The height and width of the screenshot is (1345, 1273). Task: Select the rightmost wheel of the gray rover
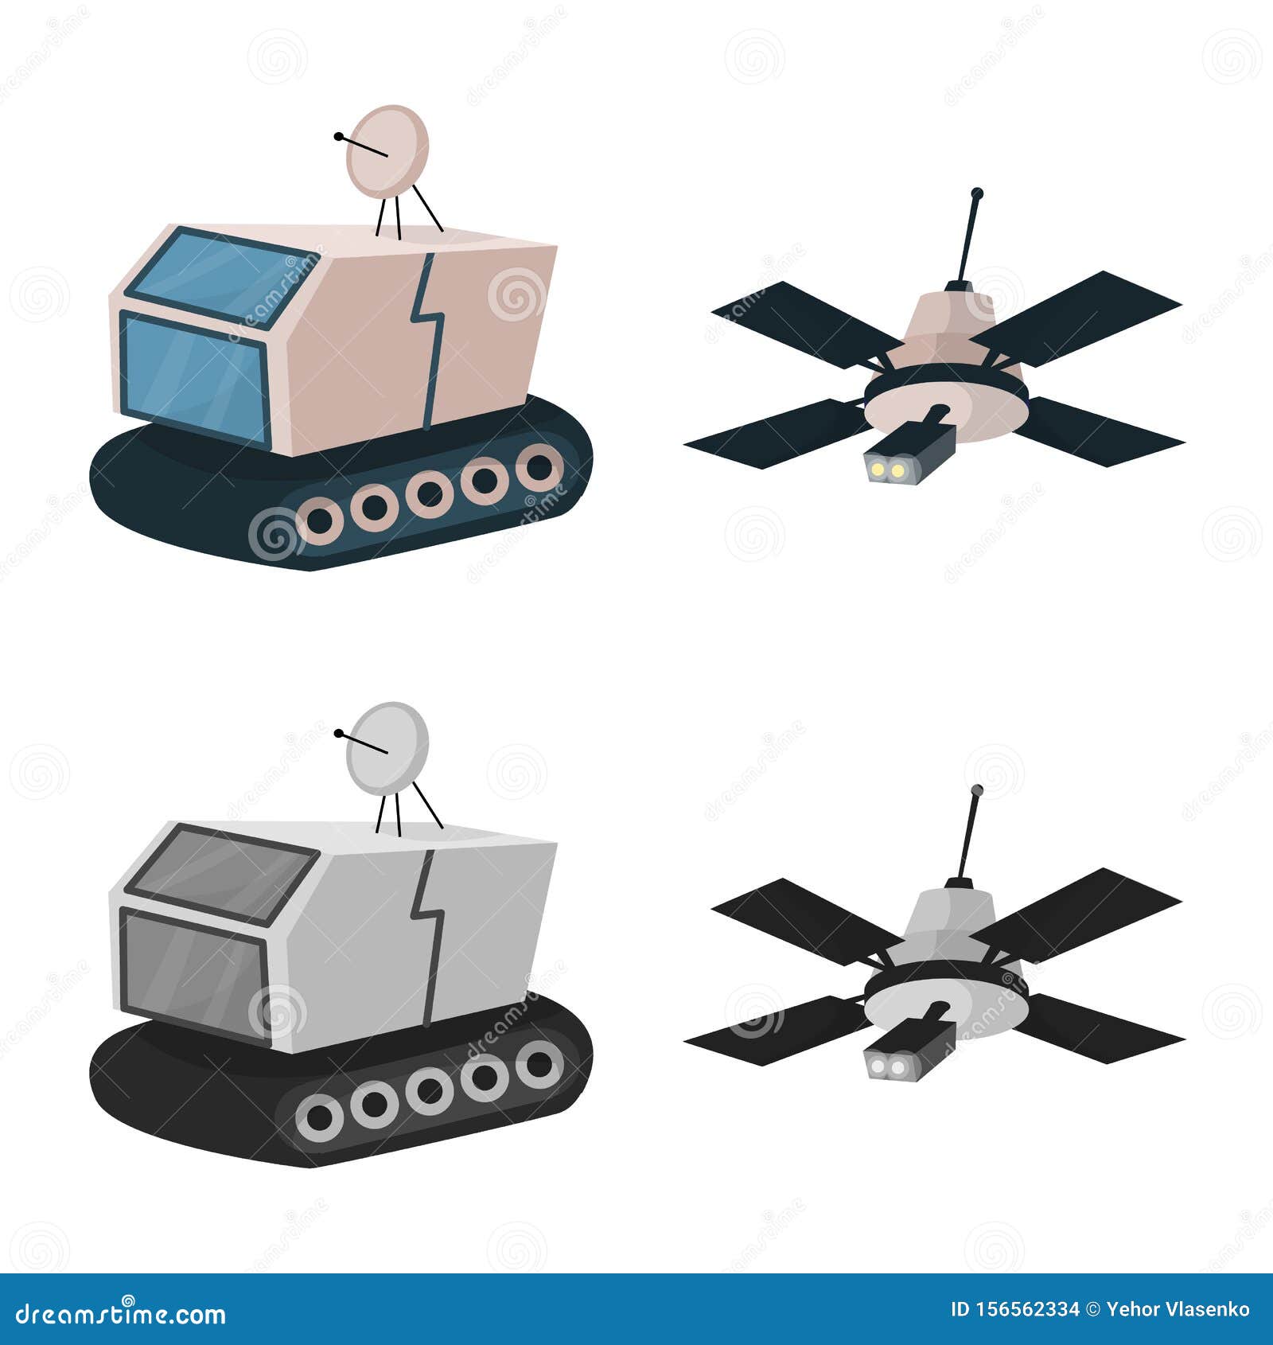[539, 1064]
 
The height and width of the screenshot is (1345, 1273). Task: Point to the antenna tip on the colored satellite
[977, 193]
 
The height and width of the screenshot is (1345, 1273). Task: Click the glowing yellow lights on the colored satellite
[886, 471]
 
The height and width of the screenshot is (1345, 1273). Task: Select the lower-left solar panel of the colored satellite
[776, 434]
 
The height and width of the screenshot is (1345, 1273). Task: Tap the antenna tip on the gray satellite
[977, 790]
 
